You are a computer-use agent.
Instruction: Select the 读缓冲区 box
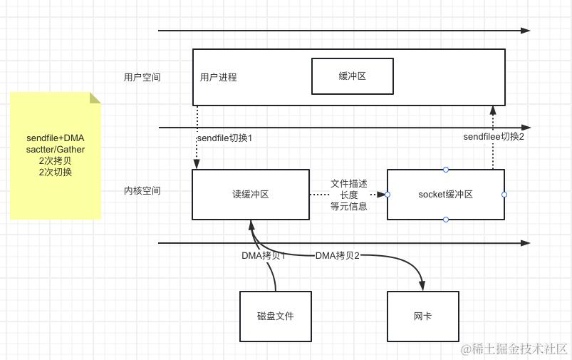pyautogui.click(x=251, y=194)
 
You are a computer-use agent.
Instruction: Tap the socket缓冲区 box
pyautogui.click(x=445, y=194)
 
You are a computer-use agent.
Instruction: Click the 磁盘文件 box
pyautogui.click(x=276, y=316)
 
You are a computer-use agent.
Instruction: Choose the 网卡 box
pyautogui.click(x=422, y=316)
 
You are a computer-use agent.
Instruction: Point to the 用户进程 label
pyautogui.click(x=218, y=77)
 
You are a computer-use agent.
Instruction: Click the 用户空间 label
pyautogui.click(x=142, y=77)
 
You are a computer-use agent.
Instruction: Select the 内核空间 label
pyautogui.click(x=142, y=190)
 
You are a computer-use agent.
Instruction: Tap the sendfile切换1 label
pyautogui.click(x=224, y=138)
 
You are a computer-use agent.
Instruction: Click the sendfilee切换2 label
pyautogui.click(x=494, y=136)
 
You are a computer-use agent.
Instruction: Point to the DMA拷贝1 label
pyautogui.click(x=264, y=255)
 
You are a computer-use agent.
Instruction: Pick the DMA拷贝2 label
pyautogui.click(x=338, y=255)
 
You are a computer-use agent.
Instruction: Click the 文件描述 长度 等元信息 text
pyautogui.click(x=348, y=195)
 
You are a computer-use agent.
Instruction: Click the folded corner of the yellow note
pyautogui.click(x=95, y=97)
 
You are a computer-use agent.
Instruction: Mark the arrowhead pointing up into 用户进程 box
pyautogui.click(x=492, y=110)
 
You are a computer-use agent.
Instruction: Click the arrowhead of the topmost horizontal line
pyautogui.click(x=526, y=31)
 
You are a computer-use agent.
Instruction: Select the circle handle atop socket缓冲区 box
pyautogui.click(x=446, y=169)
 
